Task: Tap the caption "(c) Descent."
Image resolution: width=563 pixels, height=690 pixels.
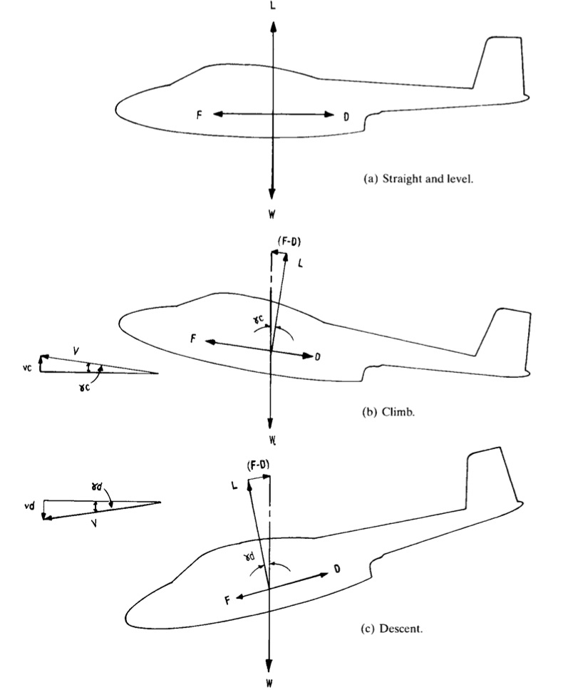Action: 398,629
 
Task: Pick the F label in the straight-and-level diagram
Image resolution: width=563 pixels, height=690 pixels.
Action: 200,114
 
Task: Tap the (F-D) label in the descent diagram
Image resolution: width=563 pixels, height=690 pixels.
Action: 257,465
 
